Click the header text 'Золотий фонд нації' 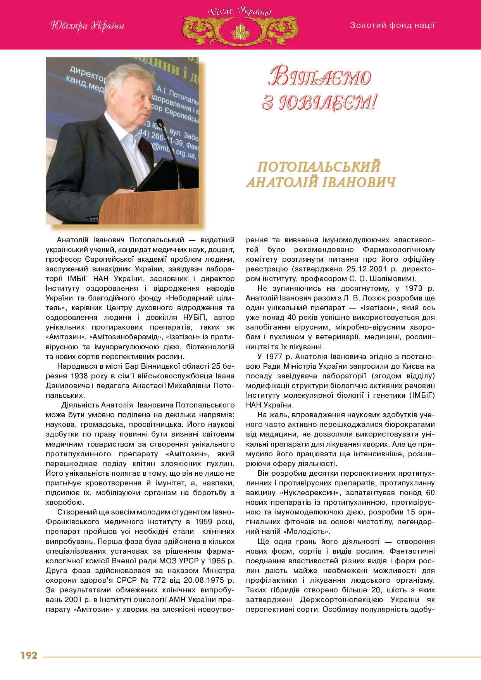click(392, 26)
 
